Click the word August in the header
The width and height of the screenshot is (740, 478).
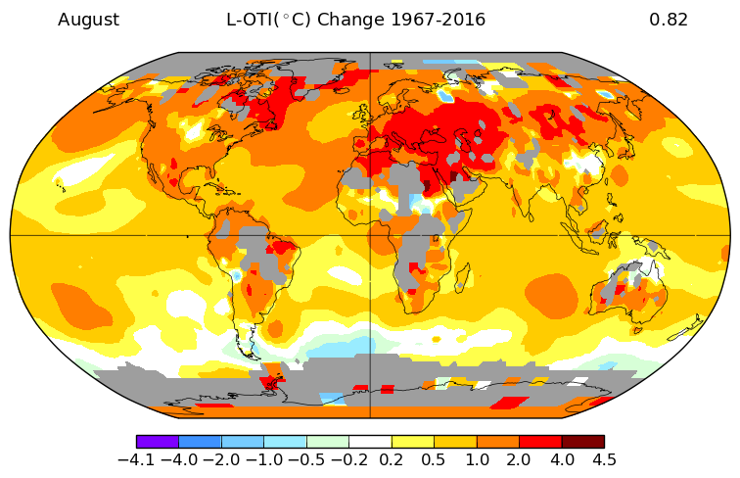tap(88, 20)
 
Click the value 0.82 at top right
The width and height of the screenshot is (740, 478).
tap(669, 20)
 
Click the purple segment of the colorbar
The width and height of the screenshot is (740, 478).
tap(158, 442)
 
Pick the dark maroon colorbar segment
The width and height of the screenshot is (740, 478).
tap(582, 442)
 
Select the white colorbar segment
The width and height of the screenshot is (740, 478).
tap(370, 442)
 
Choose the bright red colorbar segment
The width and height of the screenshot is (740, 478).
tap(540, 442)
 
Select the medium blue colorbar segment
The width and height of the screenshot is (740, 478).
tap(200, 442)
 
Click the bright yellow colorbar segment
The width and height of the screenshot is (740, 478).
tap(412, 442)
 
